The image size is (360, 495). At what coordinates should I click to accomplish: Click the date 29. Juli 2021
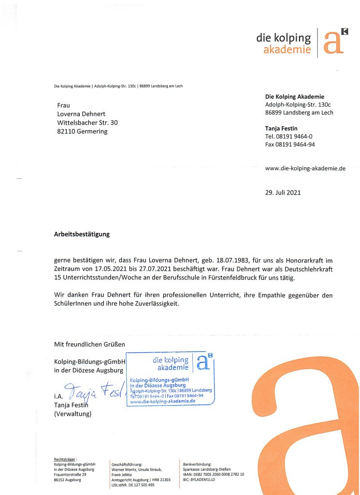[x=283, y=192]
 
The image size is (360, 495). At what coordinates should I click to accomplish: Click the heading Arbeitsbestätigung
[x=82, y=234]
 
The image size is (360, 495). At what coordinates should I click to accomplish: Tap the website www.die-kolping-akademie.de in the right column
[x=305, y=168]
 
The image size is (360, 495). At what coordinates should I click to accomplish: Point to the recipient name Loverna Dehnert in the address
[x=81, y=114]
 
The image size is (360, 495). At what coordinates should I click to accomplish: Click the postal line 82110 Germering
[x=82, y=131]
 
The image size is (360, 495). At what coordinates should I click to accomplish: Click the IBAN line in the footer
[x=213, y=474]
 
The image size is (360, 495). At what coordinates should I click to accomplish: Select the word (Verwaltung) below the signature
[x=72, y=414]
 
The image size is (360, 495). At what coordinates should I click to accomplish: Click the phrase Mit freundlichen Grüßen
[x=89, y=344]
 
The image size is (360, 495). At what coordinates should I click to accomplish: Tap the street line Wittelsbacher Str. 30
[x=87, y=122]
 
